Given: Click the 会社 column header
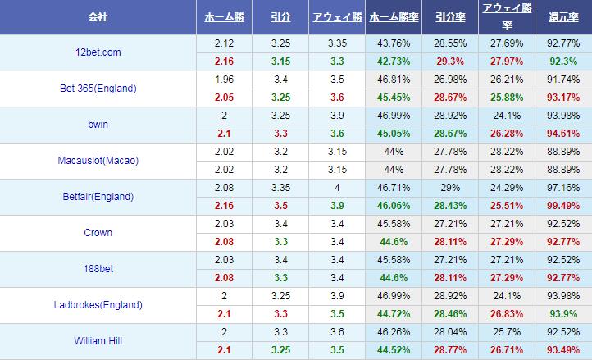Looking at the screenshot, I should [98, 17].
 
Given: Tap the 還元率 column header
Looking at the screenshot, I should [564, 17].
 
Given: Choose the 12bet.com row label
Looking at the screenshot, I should [98, 52].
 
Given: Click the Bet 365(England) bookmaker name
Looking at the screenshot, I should [98, 89].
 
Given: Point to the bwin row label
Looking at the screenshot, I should [98, 125].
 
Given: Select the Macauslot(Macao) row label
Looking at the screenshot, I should [98, 161].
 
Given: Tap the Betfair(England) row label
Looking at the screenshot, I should [98, 197].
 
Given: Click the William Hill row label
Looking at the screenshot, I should [98, 341].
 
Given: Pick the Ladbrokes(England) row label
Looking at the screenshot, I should [98, 305].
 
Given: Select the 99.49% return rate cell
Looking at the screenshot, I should [564, 205].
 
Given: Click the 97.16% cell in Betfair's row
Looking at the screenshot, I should [564, 188].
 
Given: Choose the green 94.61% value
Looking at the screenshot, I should [564, 133].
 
